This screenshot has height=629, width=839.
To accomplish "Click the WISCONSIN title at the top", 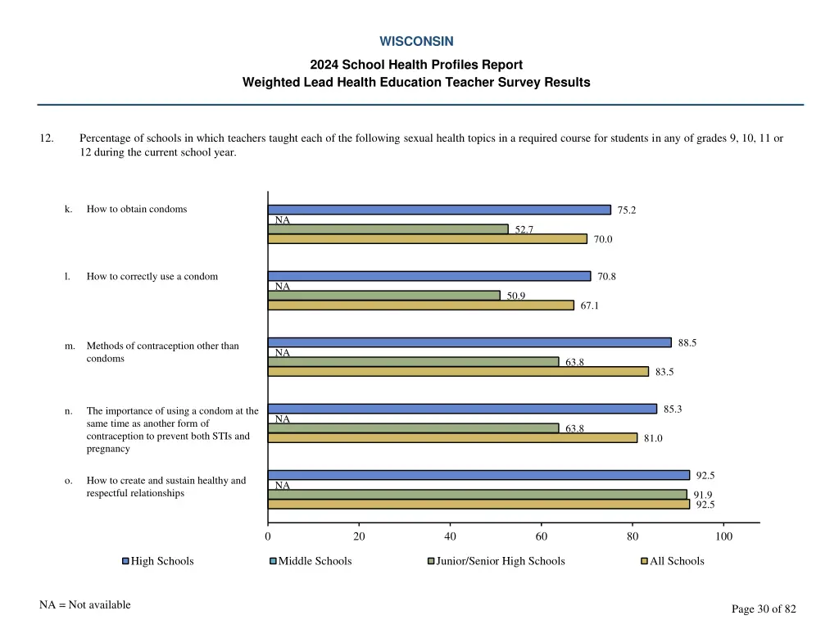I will [x=416, y=41].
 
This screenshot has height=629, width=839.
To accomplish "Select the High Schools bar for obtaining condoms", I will [x=439, y=210].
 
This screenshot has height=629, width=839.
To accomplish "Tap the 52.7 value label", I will [x=524, y=229].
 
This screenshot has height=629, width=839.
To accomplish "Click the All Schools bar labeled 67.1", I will [x=420, y=305].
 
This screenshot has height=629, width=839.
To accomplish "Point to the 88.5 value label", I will [x=687, y=342].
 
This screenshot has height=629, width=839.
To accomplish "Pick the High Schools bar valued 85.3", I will [x=462, y=409].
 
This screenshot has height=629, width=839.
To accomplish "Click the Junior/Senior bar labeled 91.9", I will [x=477, y=495].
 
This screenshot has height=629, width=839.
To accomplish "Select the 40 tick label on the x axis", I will [x=450, y=536].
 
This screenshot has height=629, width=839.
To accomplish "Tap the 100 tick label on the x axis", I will [x=723, y=536].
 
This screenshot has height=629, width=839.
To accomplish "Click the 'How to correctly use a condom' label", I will [x=152, y=276].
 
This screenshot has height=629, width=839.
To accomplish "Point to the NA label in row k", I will [x=283, y=220].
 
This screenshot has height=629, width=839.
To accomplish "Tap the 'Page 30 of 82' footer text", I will [x=764, y=609].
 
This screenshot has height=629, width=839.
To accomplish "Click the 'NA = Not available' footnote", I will [x=85, y=605].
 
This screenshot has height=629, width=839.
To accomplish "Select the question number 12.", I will [x=47, y=138].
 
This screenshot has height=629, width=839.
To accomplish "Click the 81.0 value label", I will [x=653, y=438].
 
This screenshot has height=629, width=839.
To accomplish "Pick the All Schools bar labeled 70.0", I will [x=427, y=239].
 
